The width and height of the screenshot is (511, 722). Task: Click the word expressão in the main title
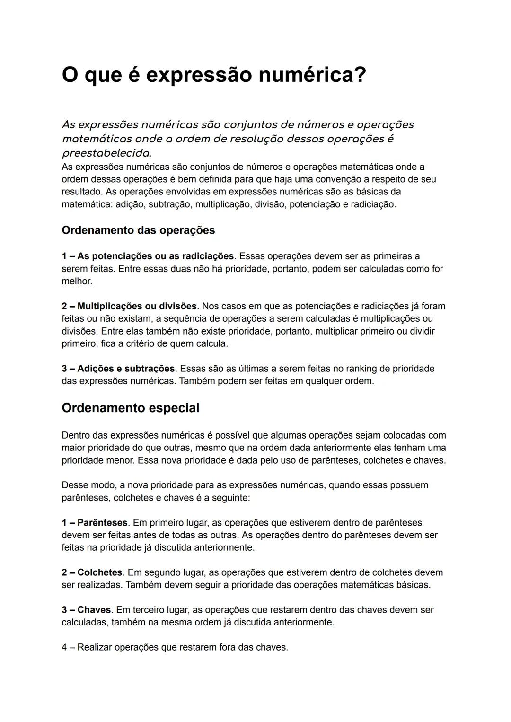point(198,75)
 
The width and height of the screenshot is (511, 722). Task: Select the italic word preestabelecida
point(106,153)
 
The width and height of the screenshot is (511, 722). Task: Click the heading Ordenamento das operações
point(138,230)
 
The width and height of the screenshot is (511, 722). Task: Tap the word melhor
point(77,281)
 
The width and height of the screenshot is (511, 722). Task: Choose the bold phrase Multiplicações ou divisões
point(137,306)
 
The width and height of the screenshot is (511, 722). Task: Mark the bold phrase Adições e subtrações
point(126,369)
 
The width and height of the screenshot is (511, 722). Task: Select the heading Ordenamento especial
point(130,408)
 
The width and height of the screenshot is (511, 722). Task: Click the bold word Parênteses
point(102,523)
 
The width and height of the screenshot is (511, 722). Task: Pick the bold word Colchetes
point(99,572)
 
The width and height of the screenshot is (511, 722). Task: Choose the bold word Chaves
point(94,610)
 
